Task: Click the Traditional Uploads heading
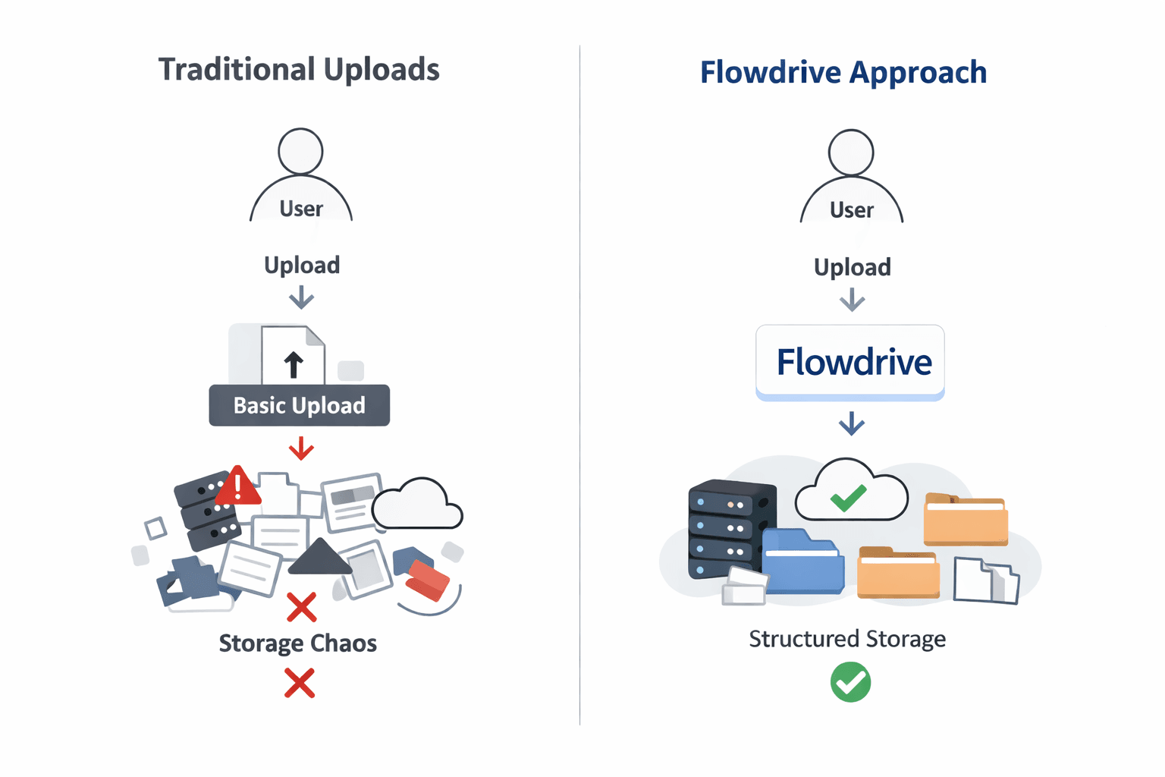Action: tap(299, 70)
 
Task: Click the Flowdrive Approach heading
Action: tap(843, 73)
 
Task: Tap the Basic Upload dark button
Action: tap(299, 405)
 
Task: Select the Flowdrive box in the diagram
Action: tap(850, 362)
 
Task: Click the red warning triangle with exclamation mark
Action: tap(238, 486)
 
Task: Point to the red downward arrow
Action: tap(301, 448)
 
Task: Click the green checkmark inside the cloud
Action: tap(849, 498)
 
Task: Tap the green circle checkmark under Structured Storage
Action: tap(850, 681)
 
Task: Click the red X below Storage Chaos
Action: tap(300, 683)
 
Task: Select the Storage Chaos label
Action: tap(298, 643)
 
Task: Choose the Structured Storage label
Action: tap(847, 639)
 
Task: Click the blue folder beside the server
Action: tap(803, 562)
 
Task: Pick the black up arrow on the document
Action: tap(294, 364)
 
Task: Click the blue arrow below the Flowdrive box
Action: tap(852, 423)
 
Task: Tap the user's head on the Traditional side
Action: tap(300, 151)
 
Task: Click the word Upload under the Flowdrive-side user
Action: tap(852, 267)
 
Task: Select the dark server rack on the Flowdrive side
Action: tap(730, 528)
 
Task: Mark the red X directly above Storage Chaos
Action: tap(301, 607)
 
